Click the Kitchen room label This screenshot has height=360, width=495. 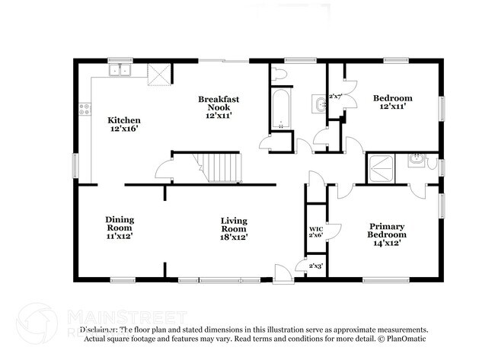tap(123, 119)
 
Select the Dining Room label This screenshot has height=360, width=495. tap(120, 224)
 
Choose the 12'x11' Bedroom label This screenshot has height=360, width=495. tap(393, 98)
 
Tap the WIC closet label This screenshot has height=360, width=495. tap(315, 228)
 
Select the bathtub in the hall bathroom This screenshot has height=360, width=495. tap(279, 110)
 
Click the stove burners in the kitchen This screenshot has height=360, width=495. tap(85, 109)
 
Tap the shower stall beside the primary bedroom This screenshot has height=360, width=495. tap(381, 167)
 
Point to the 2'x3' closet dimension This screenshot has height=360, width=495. tap(315, 266)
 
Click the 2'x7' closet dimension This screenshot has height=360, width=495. tap(335, 97)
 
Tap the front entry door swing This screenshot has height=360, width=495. tap(283, 272)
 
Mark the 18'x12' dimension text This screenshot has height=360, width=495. tap(234, 237)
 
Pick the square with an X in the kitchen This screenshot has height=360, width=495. tap(159, 74)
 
